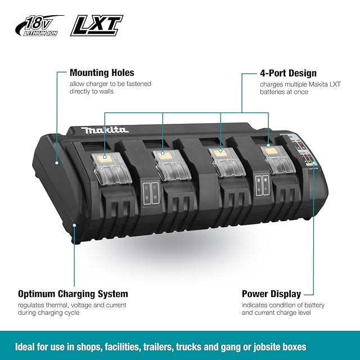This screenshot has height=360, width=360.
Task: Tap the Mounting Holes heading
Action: point(102,73)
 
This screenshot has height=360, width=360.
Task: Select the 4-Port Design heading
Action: point(287,73)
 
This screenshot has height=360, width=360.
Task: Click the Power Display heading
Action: point(271,294)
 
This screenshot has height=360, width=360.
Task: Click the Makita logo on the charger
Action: point(105,130)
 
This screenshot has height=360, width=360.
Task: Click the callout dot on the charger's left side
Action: point(57,161)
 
